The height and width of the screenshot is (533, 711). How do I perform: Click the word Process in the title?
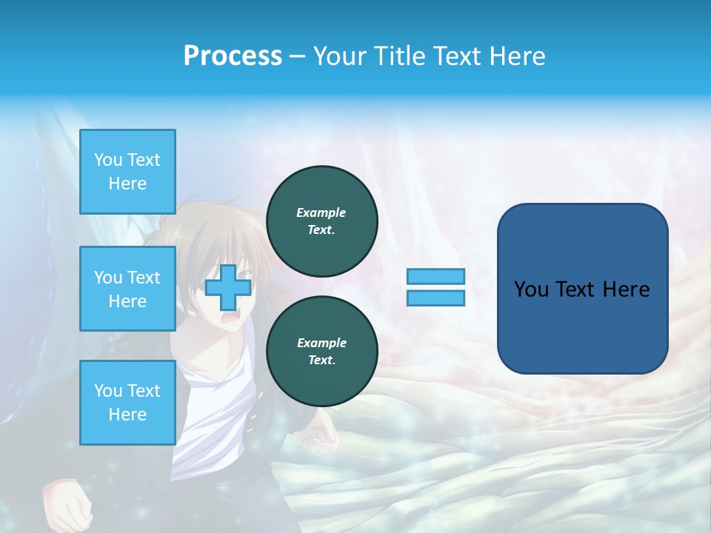click(x=233, y=56)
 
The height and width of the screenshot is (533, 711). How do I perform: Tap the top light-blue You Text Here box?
click(x=127, y=172)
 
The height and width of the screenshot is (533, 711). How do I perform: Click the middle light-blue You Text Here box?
click(x=127, y=289)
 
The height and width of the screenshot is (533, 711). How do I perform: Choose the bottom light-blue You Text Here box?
click(x=127, y=402)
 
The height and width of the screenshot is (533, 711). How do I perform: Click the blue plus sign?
click(x=228, y=287)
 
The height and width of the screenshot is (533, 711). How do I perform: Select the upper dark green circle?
click(x=321, y=221)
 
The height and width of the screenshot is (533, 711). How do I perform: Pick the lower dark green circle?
click(x=321, y=352)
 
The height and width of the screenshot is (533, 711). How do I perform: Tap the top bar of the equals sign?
click(x=435, y=277)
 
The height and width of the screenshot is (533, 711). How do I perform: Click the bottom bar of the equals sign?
click(x=435, y=298)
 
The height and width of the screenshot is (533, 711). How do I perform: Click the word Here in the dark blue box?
click(x=626, y=289)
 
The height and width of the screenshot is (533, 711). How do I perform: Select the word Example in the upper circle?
click(x=321, y=212)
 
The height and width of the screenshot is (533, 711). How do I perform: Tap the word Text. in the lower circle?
click(x=321, y=361)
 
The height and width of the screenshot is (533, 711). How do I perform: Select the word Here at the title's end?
click(x=518, y=56)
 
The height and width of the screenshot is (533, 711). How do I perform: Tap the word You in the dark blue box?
click(x=530, y=289)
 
